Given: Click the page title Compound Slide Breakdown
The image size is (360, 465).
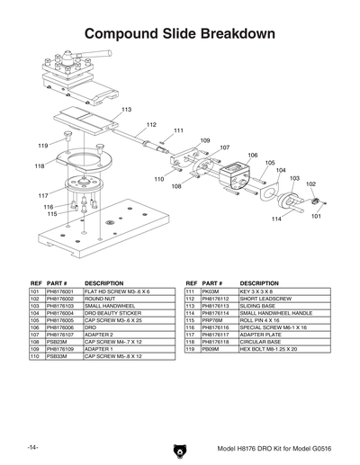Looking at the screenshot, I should [x=180, y=33].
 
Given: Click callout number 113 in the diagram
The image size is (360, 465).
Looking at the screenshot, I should [x=127, y=109].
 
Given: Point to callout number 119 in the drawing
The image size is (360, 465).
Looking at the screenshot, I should [x=42, y=145].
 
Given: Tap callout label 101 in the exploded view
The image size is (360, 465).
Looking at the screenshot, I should [x=316, y=216].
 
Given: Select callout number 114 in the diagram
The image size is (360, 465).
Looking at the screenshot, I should [x=276, y=219].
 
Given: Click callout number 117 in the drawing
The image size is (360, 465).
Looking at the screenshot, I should [x=42, y=195].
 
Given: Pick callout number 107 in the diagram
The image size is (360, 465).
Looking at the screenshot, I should [x=224, y=147].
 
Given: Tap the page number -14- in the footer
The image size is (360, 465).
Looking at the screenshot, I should [x=32, y=447].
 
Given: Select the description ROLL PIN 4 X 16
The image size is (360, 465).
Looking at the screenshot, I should [x=260, y=320].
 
